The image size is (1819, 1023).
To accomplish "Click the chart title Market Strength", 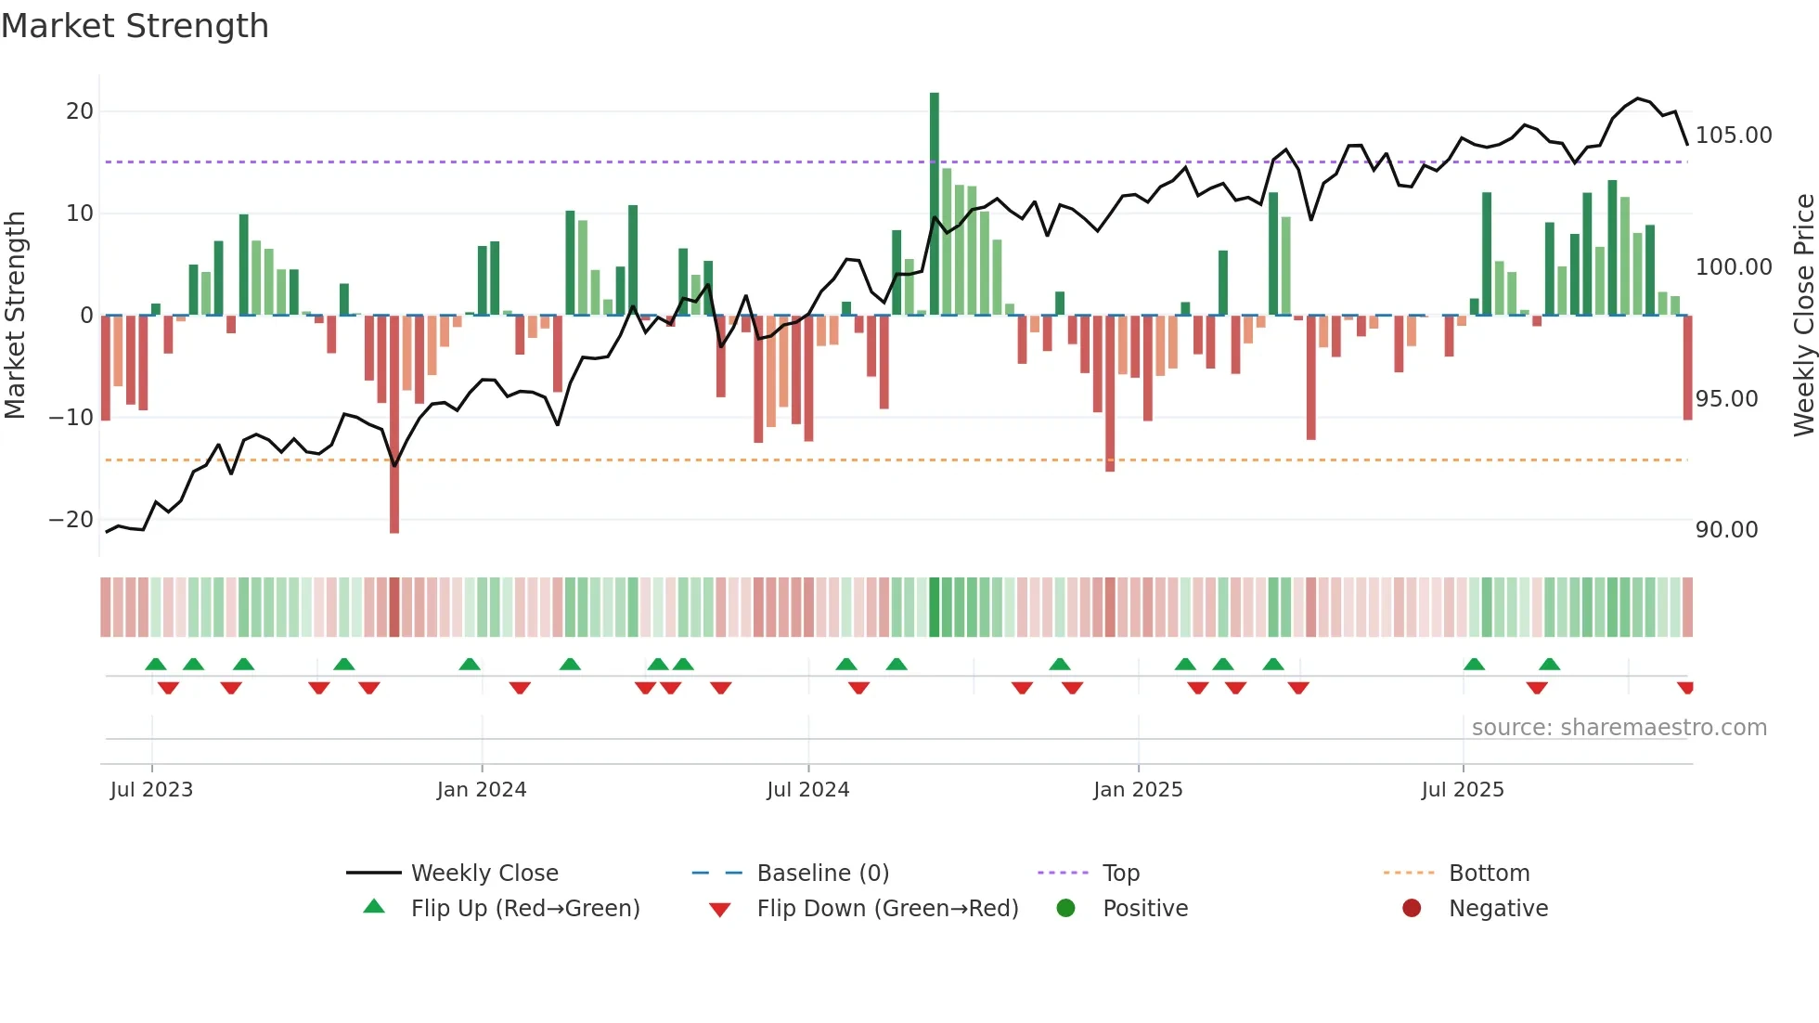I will [x=135, y=26].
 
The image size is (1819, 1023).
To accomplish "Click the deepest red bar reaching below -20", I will [x=394, y=427].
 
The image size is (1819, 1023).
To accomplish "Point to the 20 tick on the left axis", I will [x=80, y=111].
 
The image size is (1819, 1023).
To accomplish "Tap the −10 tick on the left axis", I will [x=71, y=418].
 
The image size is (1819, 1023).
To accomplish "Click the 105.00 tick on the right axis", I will [x=1733, y=136].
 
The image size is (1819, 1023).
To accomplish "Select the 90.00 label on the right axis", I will [x=1726, y=530].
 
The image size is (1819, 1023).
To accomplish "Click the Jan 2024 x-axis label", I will [x=482, y=790].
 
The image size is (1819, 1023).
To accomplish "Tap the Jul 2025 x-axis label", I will [x=1463, y=790].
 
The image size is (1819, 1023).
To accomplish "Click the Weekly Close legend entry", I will [x=484, y=874].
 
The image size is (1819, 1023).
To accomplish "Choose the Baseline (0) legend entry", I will [x=822, y=874].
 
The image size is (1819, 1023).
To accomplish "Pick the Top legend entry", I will [x=1120, y=874].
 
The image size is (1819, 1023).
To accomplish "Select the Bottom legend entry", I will [x=1489, y=874].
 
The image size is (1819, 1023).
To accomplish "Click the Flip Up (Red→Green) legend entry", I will [x=524, y=909].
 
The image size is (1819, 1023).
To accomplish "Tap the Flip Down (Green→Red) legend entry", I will [x=886, y=909].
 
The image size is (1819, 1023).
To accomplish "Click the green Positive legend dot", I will [x=1066, y=909].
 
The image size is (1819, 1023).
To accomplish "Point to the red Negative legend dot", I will [x=1412, y=909].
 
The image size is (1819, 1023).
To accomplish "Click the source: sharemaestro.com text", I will [x=1619, y=728].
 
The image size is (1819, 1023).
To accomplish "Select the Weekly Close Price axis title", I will [x=1803, y=316].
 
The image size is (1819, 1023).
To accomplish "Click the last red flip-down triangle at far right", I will [x=1685, y=687].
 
